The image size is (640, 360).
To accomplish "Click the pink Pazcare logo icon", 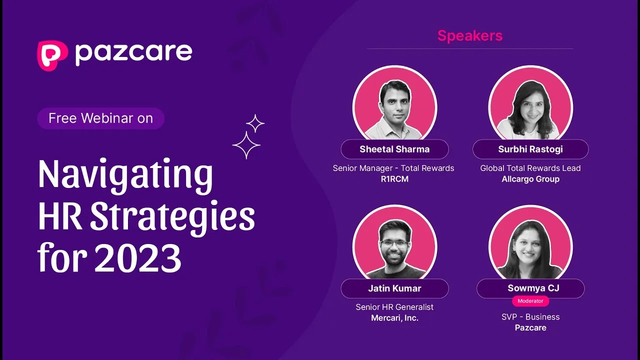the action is coord(52,55).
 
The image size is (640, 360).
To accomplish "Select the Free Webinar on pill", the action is coord(100,118).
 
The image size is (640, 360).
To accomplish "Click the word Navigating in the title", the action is coord(125,175).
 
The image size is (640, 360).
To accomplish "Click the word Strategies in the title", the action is coord(172,217).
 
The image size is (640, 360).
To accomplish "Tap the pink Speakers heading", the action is coord(470,35).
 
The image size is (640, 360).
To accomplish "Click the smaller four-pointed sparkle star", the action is coord(255,123).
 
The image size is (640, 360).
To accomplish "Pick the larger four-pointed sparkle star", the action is coord(246,145).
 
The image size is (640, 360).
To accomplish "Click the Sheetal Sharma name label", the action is coord(394,149).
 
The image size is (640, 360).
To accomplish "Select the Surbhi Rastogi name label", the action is coord(530,149).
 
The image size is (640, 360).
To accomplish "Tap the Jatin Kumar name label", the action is coord(394,288).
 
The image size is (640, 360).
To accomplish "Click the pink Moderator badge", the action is coord(530,301).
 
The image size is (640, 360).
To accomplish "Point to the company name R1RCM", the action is coord(394,179).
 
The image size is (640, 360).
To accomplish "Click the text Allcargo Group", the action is coord(530,179).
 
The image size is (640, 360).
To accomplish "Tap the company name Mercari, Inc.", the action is coord(394,318).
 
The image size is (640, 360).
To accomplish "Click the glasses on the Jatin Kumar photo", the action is coord(394,243).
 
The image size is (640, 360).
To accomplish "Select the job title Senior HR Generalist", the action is coord(394,307).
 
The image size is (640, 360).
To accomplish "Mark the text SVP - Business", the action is coord(530,317).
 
